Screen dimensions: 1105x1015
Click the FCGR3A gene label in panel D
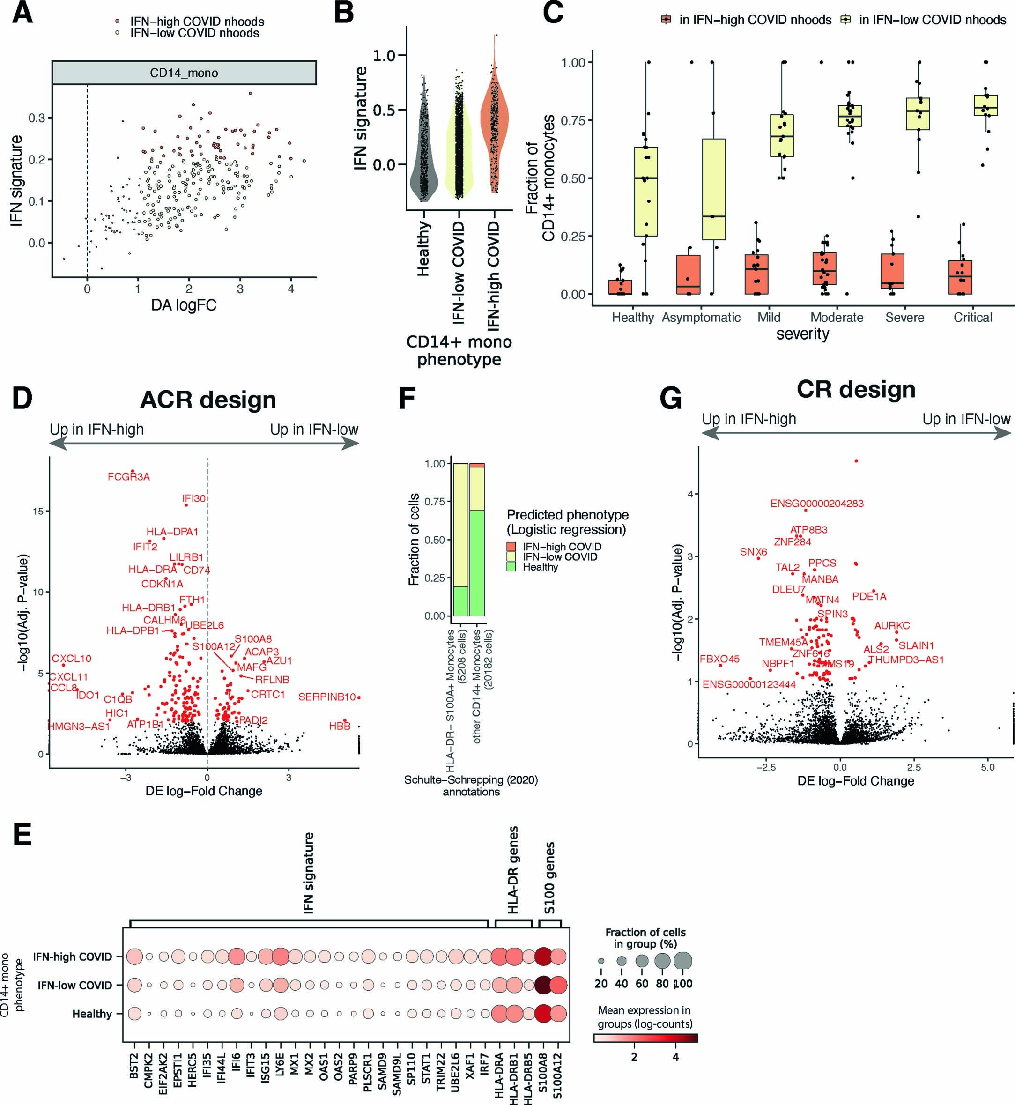click(x=128, y=477)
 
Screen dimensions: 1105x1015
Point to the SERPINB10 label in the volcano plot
click(x=327, y=697)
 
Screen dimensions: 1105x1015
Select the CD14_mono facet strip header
click(x=184, y=73)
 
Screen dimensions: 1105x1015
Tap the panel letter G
click(x=671, y=399)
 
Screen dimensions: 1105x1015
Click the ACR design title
click(x=207, y=400)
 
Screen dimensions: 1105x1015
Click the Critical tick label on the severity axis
click(x=973, y=318)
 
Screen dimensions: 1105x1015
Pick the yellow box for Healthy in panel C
click(x=646, y=191)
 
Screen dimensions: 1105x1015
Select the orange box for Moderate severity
click(x=824, y=268)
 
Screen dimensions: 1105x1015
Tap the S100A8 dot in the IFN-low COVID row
click(x=543, y=985)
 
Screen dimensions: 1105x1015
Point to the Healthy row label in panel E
click(x=92, y=1014)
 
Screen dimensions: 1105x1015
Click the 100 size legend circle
click(x=683, y=961)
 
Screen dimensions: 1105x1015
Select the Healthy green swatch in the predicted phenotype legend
click(x=511, y=567)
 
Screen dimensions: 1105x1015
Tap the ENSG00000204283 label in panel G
click(x=817, y=503)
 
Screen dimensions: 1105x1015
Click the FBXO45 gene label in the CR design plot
click(x=719, y=659)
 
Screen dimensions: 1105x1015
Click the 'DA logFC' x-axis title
click(x=184, y=305)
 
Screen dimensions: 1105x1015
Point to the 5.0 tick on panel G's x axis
click(x=987, y=767)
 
